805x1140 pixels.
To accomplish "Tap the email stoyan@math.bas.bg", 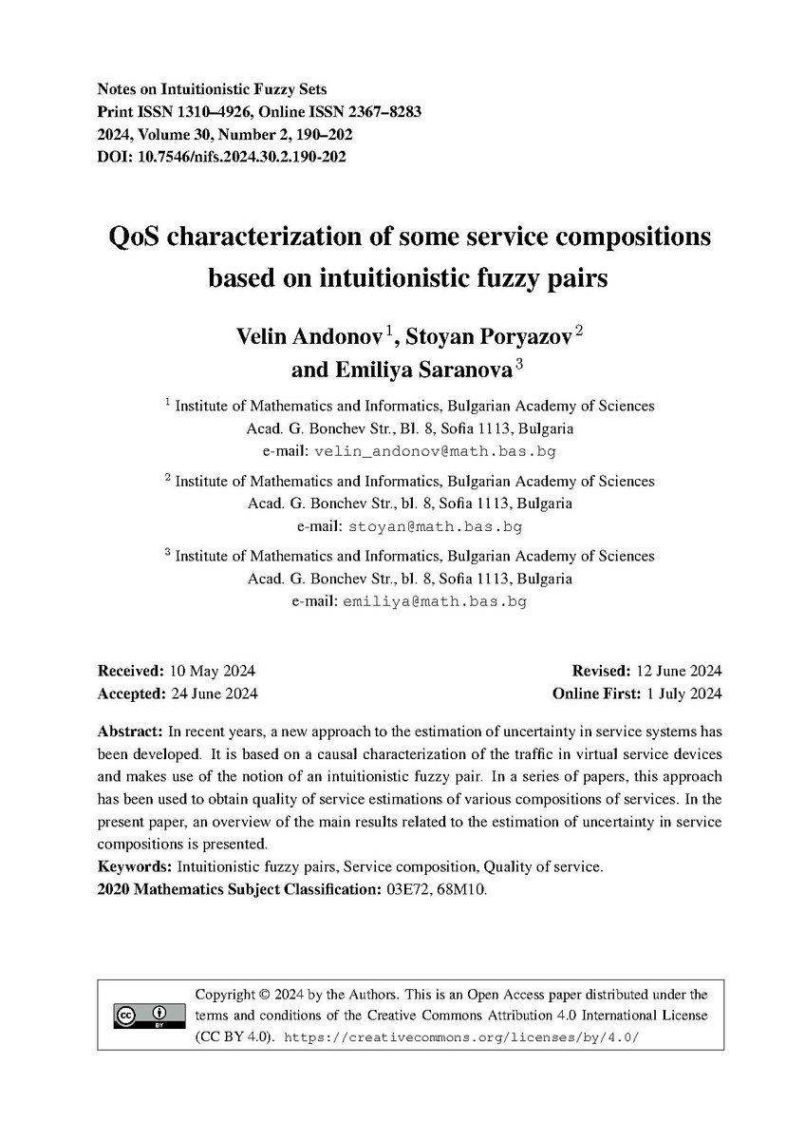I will click(436, 525).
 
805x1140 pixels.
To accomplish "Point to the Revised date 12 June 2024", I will click(677, 671).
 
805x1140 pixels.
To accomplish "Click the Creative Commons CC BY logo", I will click(142, 1016).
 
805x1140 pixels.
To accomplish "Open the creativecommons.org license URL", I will click(462, 1036).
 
